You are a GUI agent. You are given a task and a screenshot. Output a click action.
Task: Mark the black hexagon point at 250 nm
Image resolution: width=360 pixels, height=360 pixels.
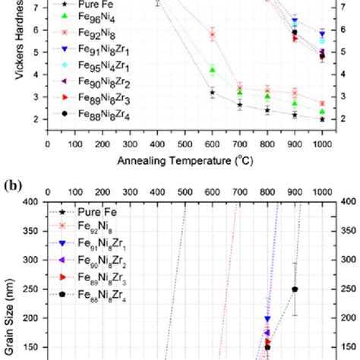[295, 289]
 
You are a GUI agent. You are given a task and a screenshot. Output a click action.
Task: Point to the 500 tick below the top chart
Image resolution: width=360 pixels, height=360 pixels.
[185, 142]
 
